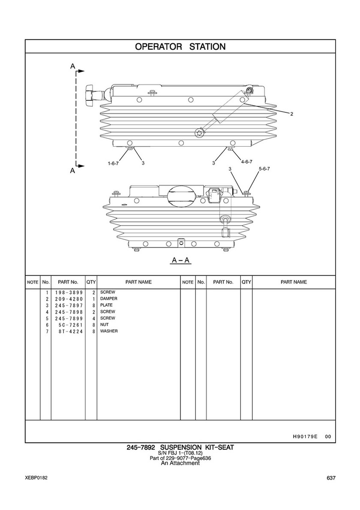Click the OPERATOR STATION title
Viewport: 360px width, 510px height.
tap(180, 46)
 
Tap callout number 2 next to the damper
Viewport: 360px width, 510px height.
tap(291, 114)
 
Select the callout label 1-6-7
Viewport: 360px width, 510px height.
tap(113, 163)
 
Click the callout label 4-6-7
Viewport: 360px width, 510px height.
tap(246, 162)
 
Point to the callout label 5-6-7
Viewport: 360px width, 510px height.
tap(264, 169)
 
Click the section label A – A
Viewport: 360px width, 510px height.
tap(181, 260)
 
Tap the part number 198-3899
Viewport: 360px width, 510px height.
tap(69, 293)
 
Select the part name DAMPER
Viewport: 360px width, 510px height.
tap(109, 299)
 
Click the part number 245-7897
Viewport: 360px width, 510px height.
tap(69, 305)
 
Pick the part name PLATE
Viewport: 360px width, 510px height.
tap(107, 305)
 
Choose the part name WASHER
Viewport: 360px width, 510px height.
tap(109, 331)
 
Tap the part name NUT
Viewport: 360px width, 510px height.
tap(105, 325)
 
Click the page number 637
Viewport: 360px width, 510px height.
tap(331, 478)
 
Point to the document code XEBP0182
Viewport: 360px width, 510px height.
tap(36, 478)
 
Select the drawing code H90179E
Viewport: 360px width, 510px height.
tap(305, 437)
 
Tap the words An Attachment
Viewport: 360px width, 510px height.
tap(180, 463)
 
